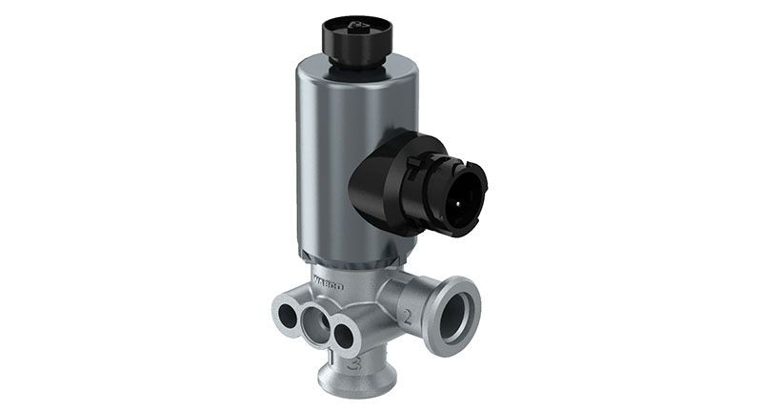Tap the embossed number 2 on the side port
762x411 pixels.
406,314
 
